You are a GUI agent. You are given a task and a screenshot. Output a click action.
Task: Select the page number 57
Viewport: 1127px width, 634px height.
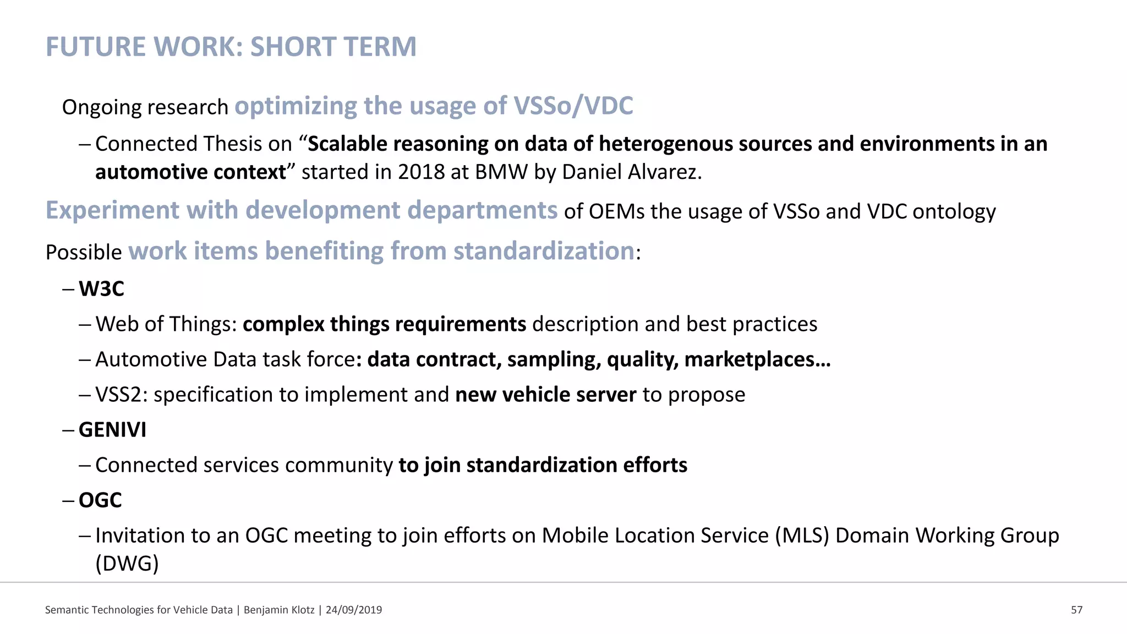coord(1076,610)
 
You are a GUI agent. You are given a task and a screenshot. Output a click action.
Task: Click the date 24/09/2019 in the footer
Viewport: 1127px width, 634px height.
coord(353,610)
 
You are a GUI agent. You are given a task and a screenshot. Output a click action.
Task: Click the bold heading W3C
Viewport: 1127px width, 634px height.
coord(101,289)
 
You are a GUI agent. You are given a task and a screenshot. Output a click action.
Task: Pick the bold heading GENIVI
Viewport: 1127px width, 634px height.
coord(112,430)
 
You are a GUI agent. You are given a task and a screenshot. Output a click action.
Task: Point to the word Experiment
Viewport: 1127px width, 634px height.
coord(112,211)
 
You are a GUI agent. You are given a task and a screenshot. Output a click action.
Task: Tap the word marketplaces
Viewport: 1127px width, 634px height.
coord(757,359)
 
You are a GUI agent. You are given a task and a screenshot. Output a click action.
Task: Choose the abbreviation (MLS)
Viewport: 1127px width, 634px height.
coord(802,535)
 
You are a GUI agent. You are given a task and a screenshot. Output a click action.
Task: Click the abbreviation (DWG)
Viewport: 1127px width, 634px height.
coord(127,564)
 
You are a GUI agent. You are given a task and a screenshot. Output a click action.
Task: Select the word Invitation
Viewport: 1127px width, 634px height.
coord(140,535)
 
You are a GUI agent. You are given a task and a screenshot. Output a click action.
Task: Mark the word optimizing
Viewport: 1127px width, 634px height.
coord(296,106)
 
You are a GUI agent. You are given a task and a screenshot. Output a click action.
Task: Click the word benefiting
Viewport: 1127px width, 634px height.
coord(324,252)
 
